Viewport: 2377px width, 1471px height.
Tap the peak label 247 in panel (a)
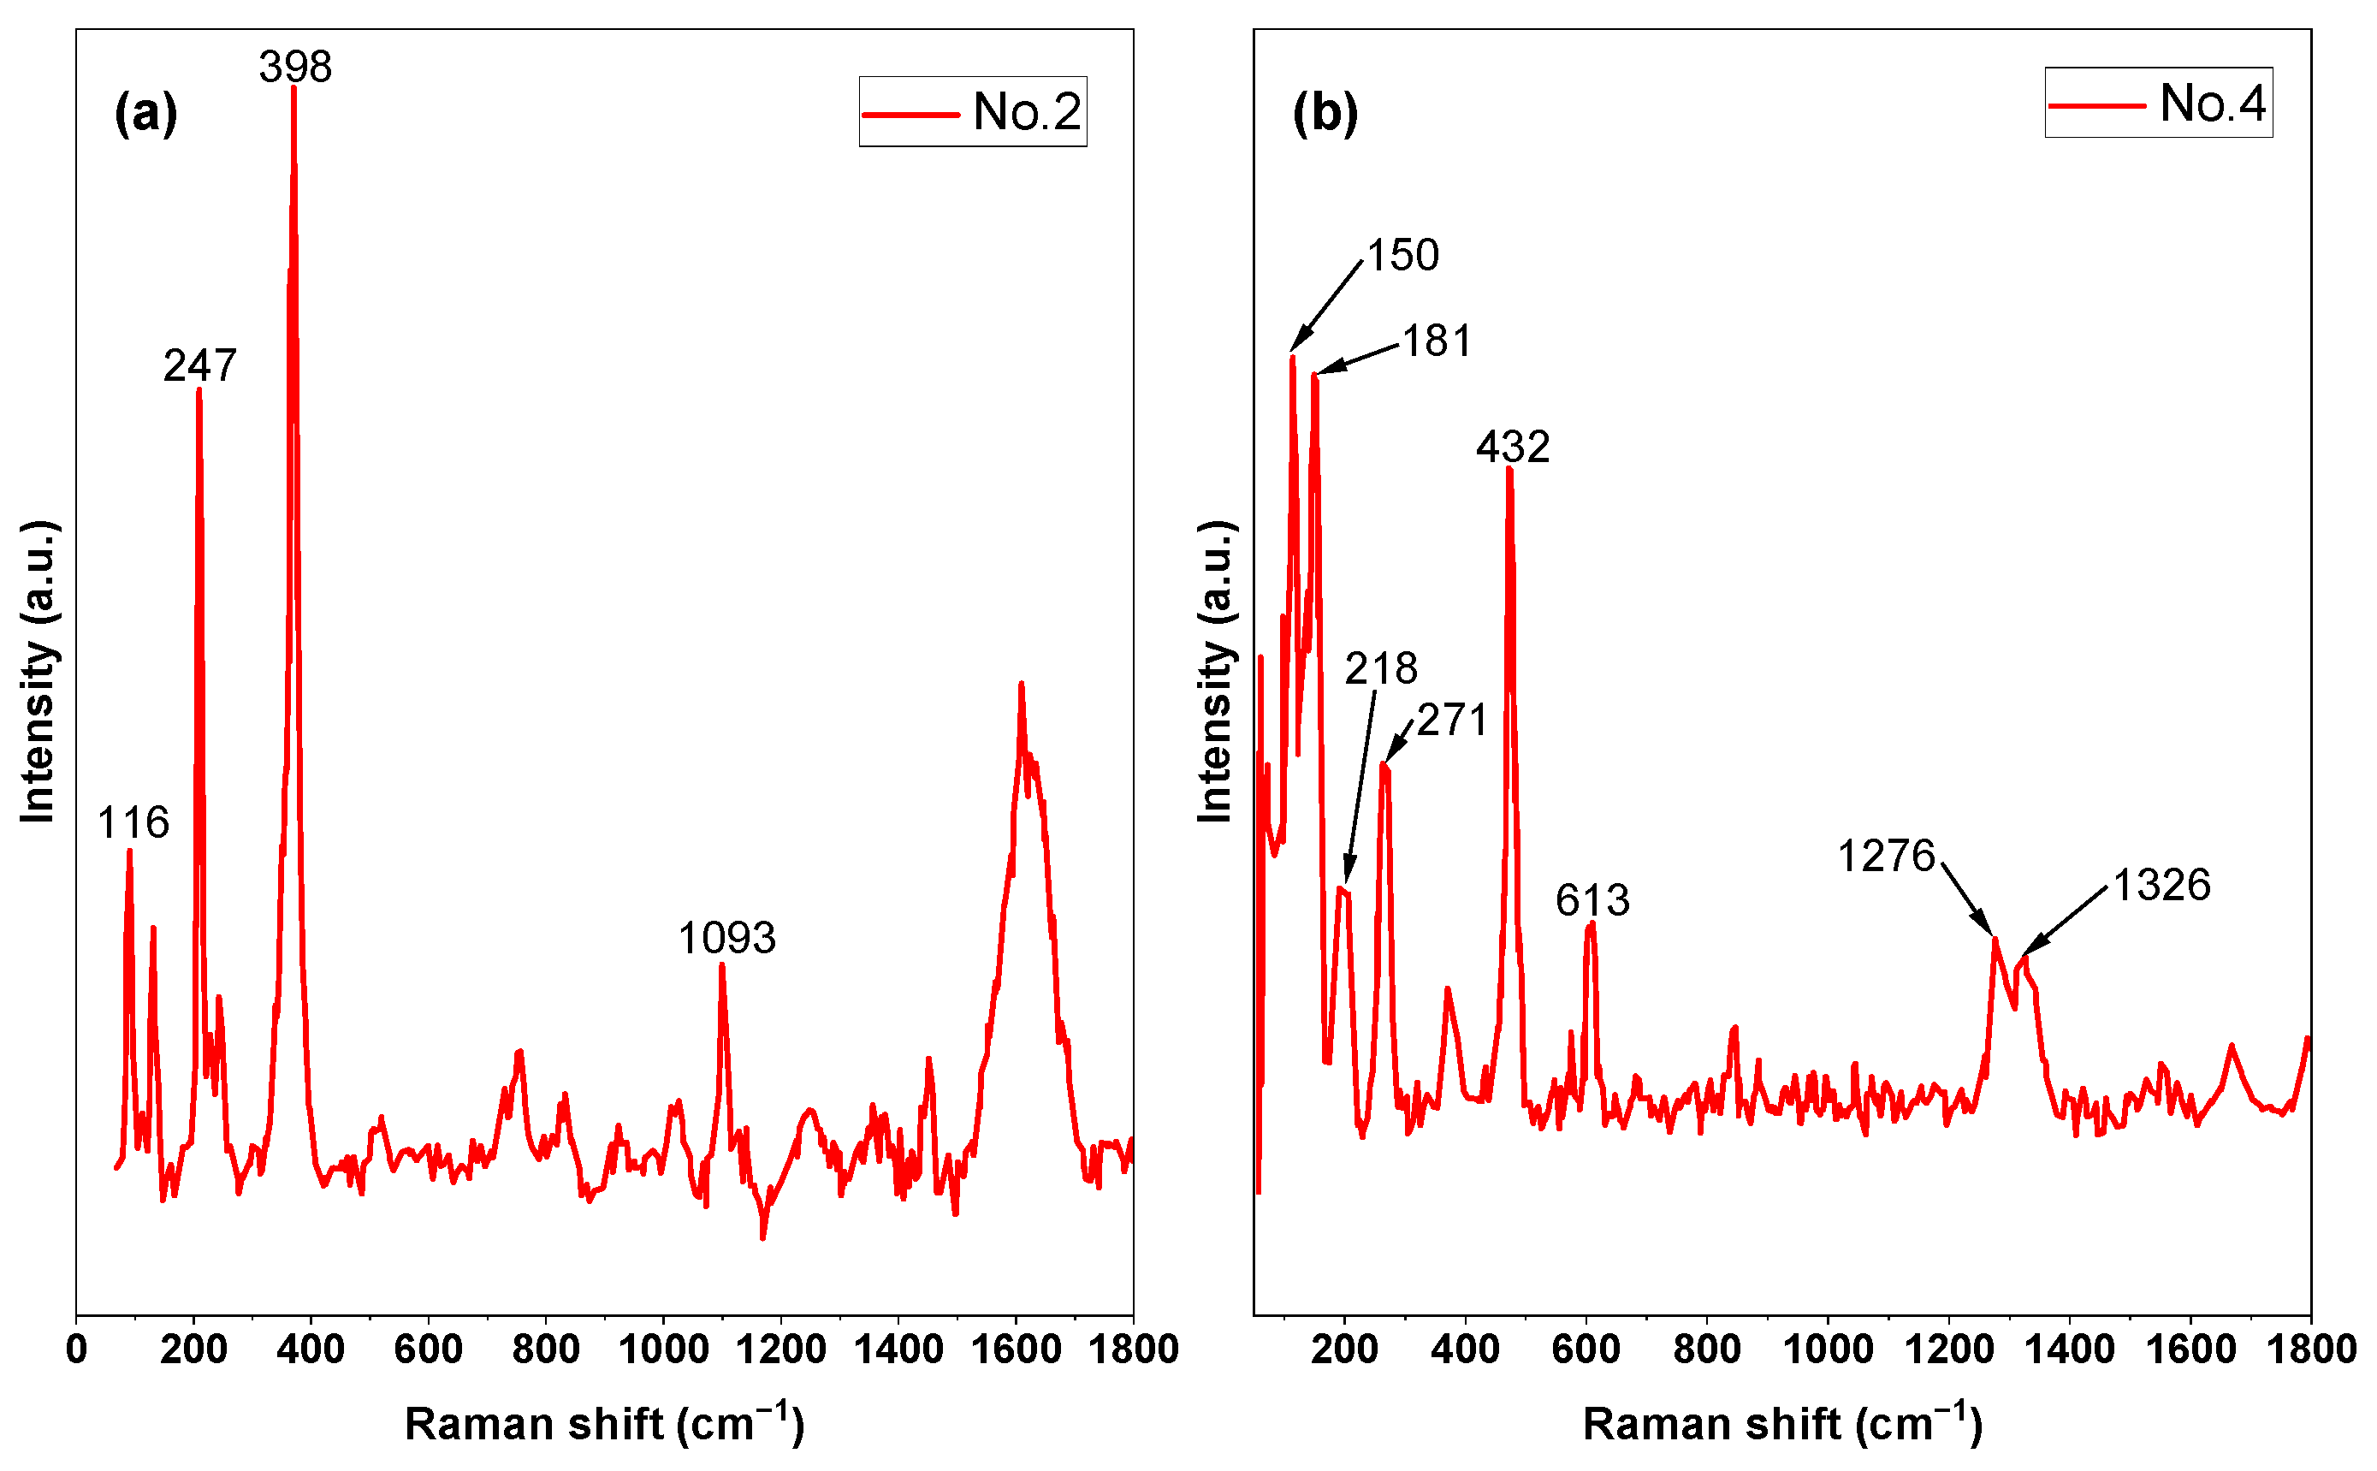coord(199,365)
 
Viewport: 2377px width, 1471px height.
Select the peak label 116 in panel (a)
coord(133,823)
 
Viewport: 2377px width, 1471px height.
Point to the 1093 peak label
coord(726,939)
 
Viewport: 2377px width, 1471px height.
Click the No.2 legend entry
coord(973,112)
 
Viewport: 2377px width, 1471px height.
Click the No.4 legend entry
coord(2158,104)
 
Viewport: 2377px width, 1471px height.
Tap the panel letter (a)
coord(145,113)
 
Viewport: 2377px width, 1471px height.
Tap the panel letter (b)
coord(1325,113)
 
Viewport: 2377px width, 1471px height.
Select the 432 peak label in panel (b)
coord(1513,448)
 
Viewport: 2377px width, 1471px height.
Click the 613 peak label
coord(1592,900)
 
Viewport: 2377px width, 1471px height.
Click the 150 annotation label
coord(1402,256)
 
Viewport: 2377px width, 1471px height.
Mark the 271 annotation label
coord(1452,721)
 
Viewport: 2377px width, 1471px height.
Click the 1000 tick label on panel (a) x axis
coord(664,1350)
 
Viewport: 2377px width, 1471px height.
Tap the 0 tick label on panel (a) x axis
coord(76,1350)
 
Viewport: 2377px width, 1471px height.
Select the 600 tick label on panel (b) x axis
coord(1586,1350)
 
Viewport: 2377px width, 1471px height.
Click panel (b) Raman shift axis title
coord(1781,1423)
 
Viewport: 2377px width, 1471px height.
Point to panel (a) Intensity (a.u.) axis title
coord(39,671)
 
